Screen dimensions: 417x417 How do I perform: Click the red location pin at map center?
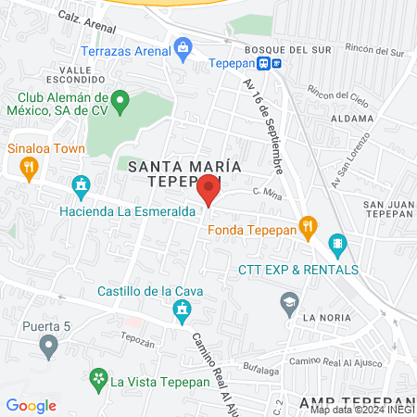pos(209,189)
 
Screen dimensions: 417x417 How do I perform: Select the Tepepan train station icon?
pos(265,64)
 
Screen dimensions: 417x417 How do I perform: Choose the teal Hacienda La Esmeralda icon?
pos(81,185)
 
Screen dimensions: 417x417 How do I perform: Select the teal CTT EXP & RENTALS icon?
pos(336,246)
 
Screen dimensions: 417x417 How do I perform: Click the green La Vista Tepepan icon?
pos(97,378)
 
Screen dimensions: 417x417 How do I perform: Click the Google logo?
pos(31,405)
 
